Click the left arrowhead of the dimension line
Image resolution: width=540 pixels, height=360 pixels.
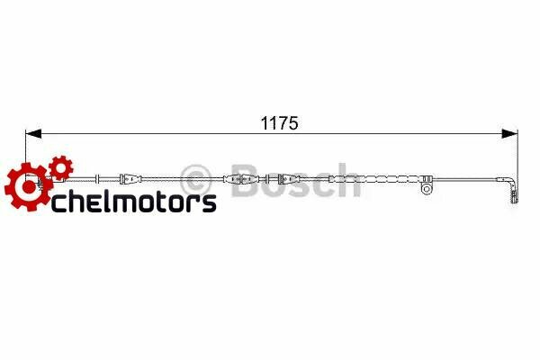click(x=32, y=134)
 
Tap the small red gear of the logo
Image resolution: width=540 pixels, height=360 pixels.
click(x=60, y=167)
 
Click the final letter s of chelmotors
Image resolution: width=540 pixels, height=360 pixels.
click(x=209, y=202)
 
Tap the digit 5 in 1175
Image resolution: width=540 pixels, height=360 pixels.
click(x=292, y=120)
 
